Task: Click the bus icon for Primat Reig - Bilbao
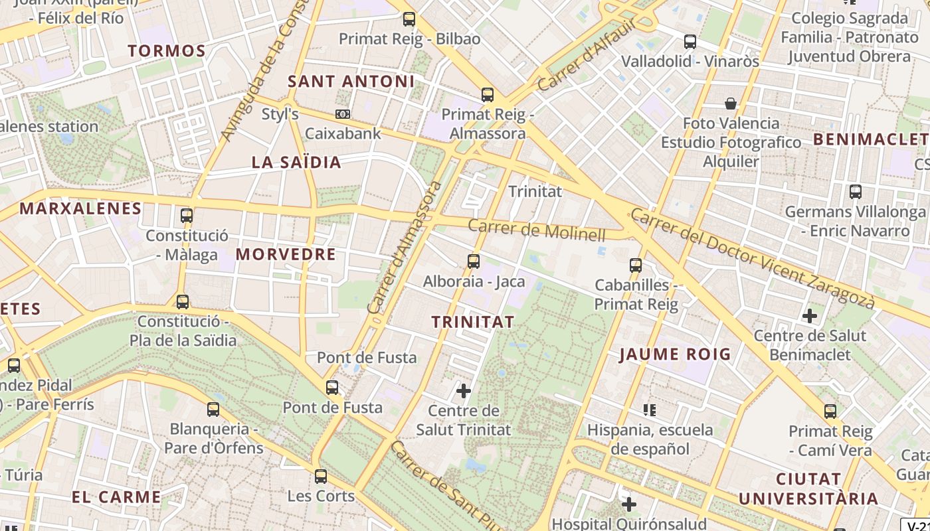(409, 19)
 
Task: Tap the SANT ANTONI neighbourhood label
(351, 82)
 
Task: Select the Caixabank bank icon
(343, 114)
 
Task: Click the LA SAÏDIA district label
(296, 163)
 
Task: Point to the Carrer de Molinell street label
(537, 230)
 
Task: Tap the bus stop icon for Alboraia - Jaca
(474, 262)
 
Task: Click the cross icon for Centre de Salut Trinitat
(464, 391)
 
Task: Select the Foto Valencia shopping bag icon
(731, 104)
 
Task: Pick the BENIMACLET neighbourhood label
(870, 139)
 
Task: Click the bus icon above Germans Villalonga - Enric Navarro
(856, 192)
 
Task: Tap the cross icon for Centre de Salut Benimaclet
(809, 316)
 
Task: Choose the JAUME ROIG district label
(675, 354)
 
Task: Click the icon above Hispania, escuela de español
(650, 410)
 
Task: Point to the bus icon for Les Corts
(321, 476)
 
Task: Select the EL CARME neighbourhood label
(116, 497)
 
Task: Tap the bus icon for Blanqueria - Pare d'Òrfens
(213, 409)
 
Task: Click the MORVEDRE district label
(286, 254)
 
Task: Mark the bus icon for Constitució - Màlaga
(187, 216)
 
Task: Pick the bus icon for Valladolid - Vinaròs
(690, 42)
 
